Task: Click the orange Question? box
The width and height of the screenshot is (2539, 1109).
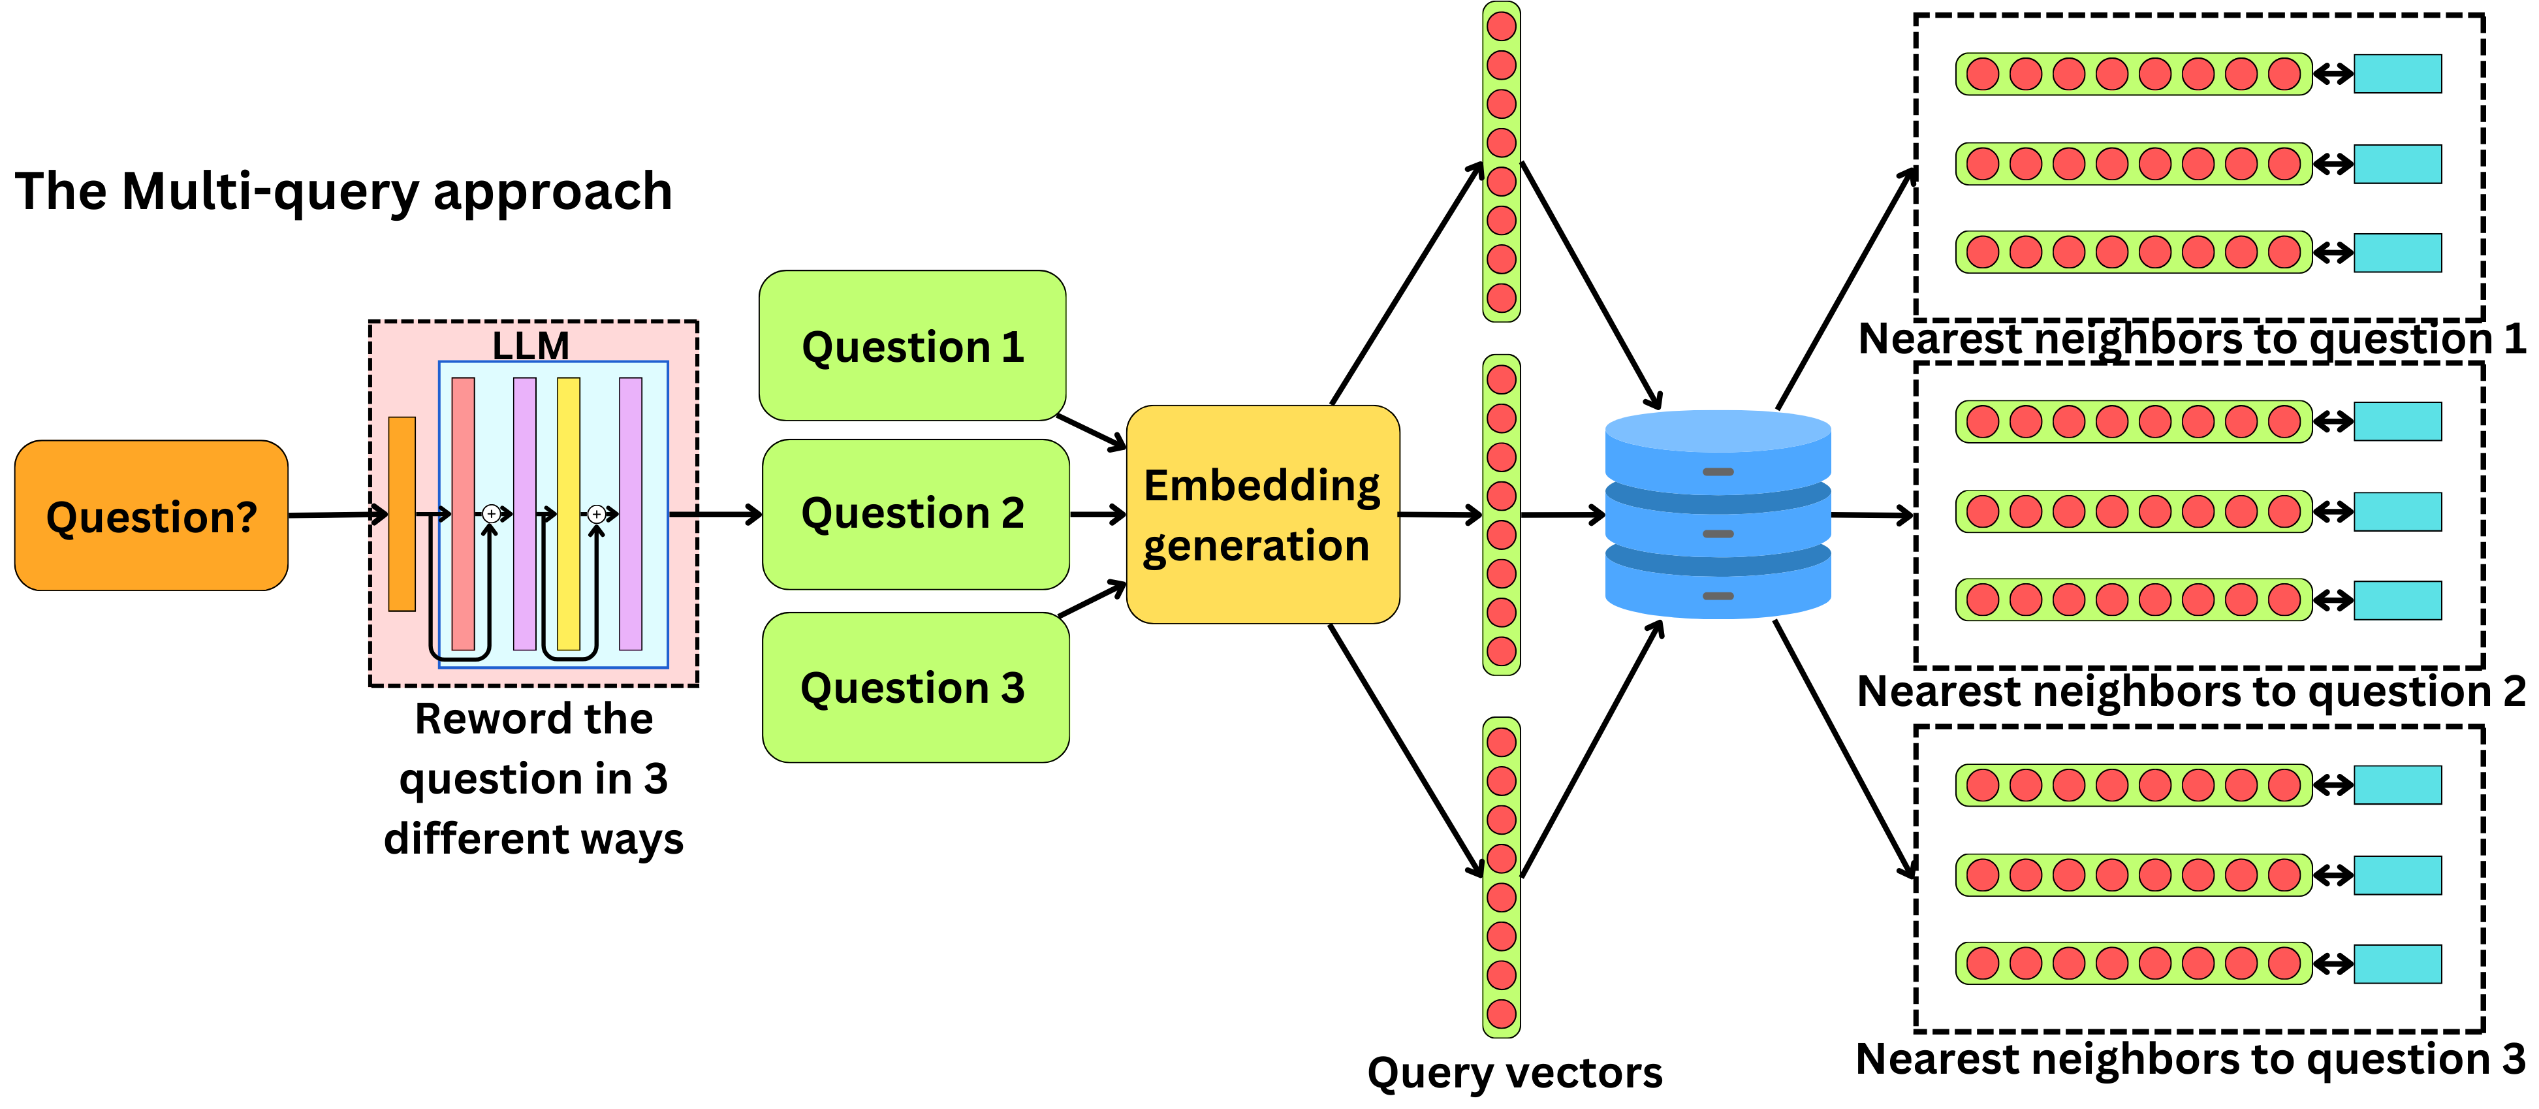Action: tap(151, 515)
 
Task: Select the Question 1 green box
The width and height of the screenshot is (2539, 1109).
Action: tap(911, 346)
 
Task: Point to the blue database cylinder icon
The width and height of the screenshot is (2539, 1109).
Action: tap(1717, 515)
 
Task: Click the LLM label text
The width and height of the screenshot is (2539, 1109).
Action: tap(530, 345)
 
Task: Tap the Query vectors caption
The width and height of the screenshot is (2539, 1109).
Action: tap(1514, 1072)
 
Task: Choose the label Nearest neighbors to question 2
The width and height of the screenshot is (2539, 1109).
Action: tap(2190, 691)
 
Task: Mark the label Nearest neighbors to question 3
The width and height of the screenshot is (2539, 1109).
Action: tap(2190, 1059)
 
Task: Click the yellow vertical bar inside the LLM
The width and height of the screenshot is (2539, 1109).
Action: tap(569, 513)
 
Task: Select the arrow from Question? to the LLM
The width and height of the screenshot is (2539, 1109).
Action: tap(335, 515)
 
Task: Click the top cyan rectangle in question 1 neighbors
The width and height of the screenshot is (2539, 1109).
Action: tap(2397, 74)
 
